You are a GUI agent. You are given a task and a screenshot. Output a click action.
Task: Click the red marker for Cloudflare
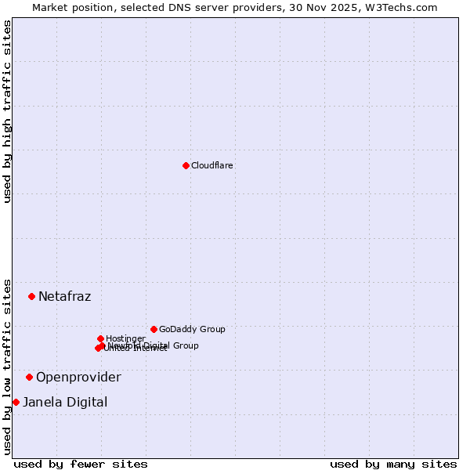click(186, 165)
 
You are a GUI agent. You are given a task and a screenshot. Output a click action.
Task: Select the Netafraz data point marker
click(31, 296)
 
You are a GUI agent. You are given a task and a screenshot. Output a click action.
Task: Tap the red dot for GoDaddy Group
click(154, 329)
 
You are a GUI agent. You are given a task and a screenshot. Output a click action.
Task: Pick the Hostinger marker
click(100, 338)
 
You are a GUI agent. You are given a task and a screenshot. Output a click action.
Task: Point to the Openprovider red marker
click(29, 377)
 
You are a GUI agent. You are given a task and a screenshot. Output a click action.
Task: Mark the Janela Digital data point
click(16, 402)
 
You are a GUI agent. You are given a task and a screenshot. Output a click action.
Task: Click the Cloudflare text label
click(211, 165)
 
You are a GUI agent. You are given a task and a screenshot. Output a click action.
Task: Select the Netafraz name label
click(64, 296)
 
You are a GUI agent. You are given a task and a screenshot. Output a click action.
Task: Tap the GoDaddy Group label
click(191, 329)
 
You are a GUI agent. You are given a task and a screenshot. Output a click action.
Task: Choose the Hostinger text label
click(125, 338)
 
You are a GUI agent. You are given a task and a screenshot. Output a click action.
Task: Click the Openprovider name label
click(78, 377)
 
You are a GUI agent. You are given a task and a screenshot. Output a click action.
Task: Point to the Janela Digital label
click(65, 402)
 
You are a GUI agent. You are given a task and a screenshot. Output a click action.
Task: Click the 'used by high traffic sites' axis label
click(7, 111)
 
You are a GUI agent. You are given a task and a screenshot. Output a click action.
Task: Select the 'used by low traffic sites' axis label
click(7, 366)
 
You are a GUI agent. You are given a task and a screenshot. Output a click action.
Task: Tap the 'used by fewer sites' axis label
click(81, 464)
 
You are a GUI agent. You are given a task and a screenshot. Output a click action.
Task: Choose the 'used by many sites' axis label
click(393, 464)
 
